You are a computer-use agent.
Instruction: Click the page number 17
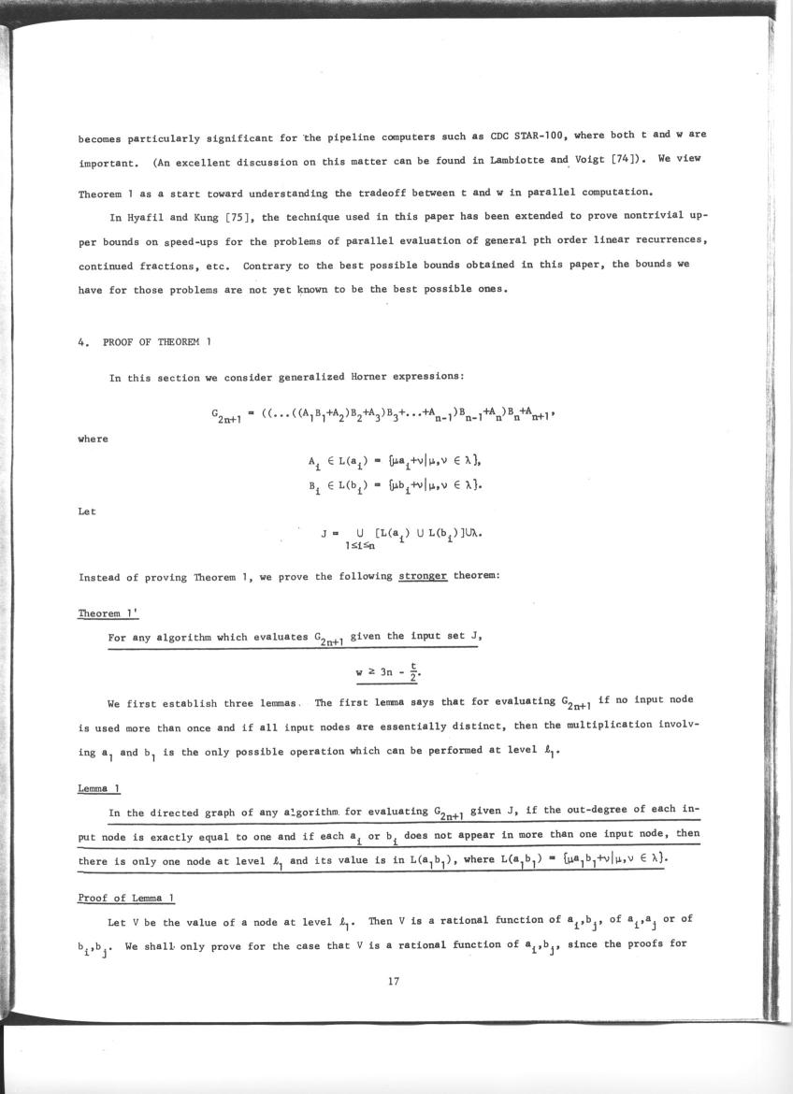click(x=394, y=981)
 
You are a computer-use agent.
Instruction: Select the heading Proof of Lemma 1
click(x=125, y=899)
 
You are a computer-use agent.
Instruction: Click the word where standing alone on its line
click(x=93, y=439)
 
